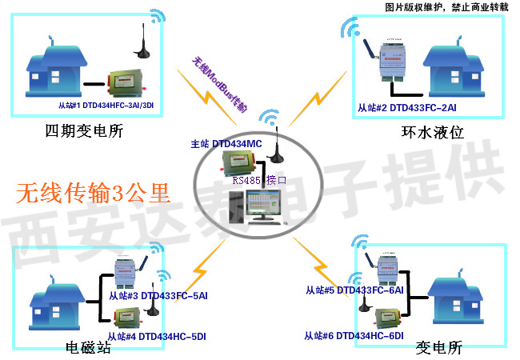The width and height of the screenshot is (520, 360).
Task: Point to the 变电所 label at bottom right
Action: [439, 348]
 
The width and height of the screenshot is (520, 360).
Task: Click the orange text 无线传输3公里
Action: [94, 193]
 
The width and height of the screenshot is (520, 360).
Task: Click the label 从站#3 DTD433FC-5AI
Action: [158, 296]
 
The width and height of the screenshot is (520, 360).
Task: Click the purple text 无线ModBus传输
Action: [219, 83]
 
